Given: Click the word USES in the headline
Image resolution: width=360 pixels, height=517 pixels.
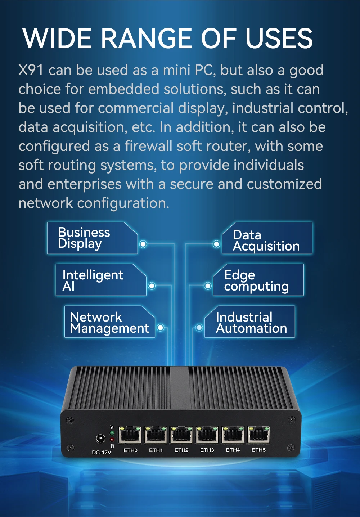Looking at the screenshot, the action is (x=279, y=38).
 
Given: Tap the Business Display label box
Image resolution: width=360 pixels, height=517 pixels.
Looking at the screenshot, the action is (x=92, y=238).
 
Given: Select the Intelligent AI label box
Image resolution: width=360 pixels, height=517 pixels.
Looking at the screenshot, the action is (x=101, y=280).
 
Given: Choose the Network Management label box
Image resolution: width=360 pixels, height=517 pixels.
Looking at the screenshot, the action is (x=109, y=322).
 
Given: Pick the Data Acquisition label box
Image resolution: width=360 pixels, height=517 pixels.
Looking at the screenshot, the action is (x=267, y=238).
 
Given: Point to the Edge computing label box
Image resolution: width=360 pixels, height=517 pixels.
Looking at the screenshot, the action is (x=258, y=280).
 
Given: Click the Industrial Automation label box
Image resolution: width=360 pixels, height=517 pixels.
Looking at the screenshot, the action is (x=250, y=322).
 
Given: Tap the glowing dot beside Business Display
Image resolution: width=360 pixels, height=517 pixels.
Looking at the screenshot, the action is (x=143, y=244).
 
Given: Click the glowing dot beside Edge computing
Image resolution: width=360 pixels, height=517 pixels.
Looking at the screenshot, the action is (x=208, y=286).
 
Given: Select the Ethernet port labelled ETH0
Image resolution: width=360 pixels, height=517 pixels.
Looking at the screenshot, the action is (x=130, y=435).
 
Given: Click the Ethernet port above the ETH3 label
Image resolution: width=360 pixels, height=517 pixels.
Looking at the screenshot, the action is (x=207, y=435).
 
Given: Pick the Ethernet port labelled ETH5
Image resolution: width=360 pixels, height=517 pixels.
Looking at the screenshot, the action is (x=259, y=435).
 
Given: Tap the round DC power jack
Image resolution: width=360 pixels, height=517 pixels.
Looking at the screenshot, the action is (x=100, y=439).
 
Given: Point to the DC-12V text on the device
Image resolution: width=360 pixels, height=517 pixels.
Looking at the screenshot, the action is (x=102, y=452).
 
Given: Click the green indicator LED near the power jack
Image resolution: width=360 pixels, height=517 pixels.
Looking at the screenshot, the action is (x=112, y=433).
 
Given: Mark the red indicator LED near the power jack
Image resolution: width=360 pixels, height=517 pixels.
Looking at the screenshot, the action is (x=112, y=439).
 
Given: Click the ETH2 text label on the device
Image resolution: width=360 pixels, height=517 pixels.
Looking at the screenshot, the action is (x=181, y=450).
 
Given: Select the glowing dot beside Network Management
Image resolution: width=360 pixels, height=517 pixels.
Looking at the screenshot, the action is (x=161, y=328).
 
